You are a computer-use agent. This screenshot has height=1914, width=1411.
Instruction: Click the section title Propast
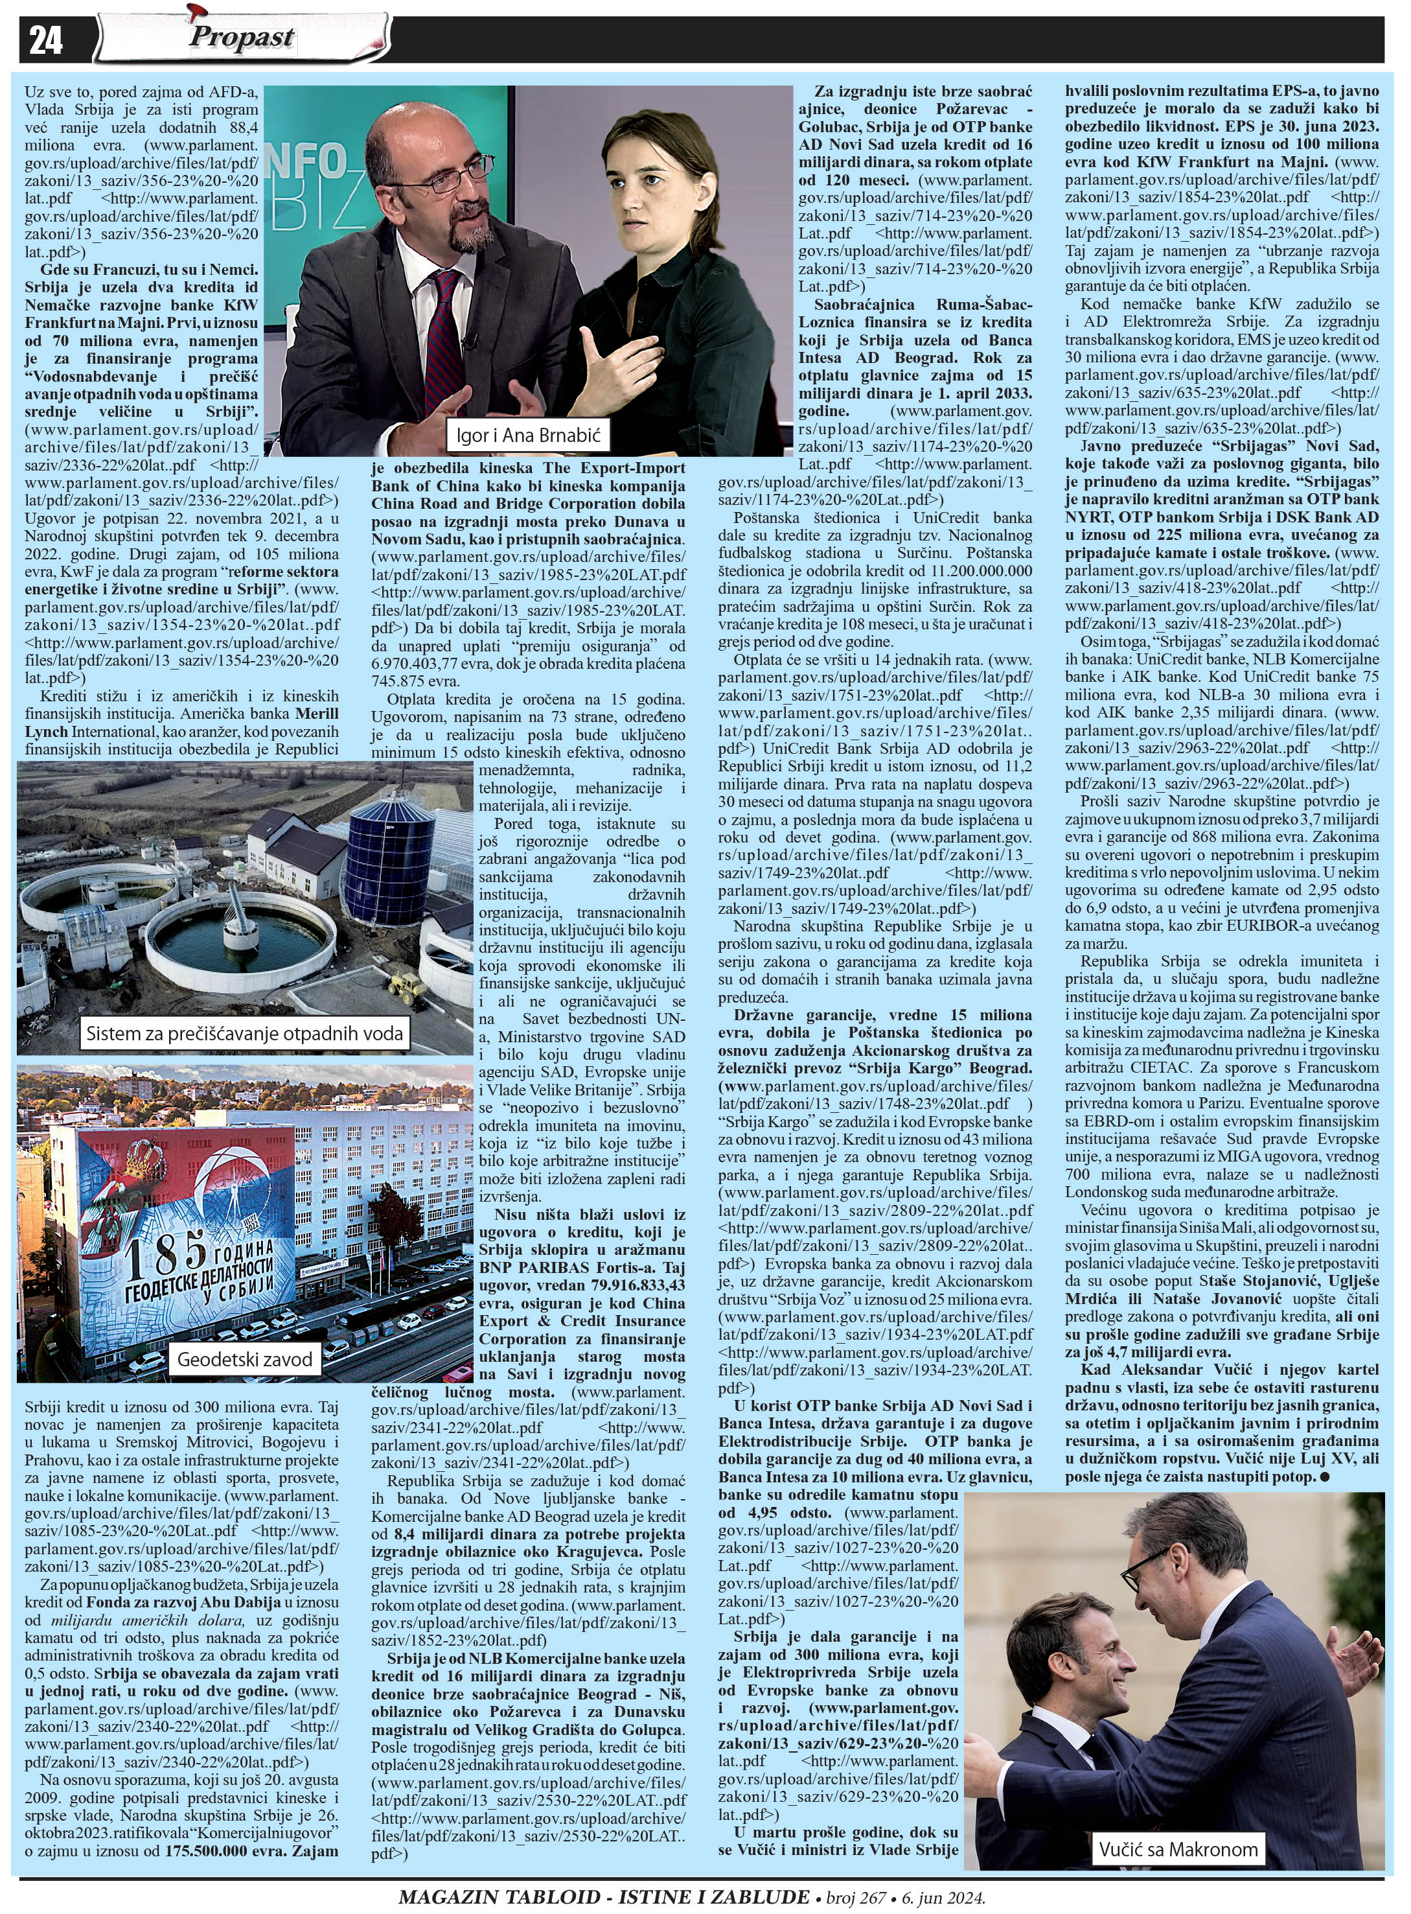point(242,37)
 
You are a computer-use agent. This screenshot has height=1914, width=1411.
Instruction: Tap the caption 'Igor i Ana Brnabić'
point(528,435)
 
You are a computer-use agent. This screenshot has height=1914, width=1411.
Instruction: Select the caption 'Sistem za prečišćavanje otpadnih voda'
point(244,1034)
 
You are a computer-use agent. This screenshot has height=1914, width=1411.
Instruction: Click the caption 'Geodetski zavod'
point(244,1359)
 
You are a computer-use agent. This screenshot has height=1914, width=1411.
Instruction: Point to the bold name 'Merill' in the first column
point(317,714)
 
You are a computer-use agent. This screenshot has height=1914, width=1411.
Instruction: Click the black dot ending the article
point(1323,1476)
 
